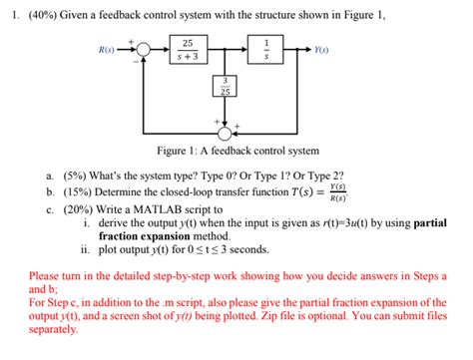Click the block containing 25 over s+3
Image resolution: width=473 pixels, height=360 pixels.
(188, 49)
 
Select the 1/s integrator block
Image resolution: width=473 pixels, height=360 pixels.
(264, 49)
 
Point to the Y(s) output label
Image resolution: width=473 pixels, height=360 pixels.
(322, 49)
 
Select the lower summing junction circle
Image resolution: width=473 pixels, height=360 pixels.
(227, 132)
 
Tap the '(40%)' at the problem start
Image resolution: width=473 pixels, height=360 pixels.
(41, 10)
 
